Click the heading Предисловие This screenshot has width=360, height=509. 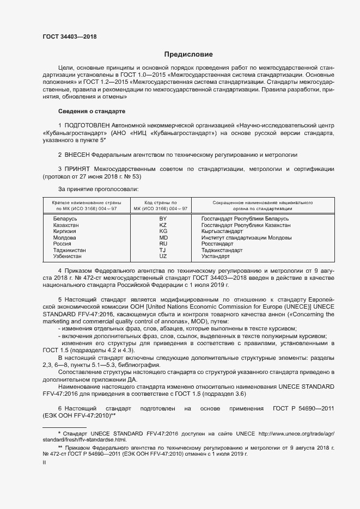click(x=188, y=54)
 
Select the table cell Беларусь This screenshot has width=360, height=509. click(x=65, y=218)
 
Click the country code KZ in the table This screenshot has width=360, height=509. click(x=163, y=225)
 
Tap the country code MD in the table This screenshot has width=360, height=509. click(x=163, y=238)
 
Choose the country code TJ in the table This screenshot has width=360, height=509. click(x=163, y=250)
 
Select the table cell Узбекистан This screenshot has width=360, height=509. click(x=68, y=256)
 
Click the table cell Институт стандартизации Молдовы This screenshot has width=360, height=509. click(x=246, y=238)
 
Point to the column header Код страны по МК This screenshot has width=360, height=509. click(x=163, y=205)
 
